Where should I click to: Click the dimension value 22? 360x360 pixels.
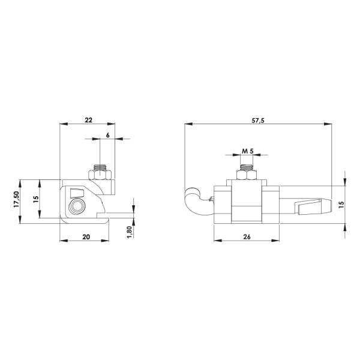[x=89, y=120]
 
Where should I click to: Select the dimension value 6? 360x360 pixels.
[x=107, y=135]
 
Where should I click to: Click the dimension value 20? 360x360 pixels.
[x=86, y=237]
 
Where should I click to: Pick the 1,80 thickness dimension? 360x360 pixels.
[x=129, y=231]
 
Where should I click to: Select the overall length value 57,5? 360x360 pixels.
[x=258, y=120]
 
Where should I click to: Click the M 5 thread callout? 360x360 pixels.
[x=248, y=151]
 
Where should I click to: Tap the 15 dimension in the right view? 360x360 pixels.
[x=341, y=203]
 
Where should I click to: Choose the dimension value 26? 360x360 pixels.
[x=247, y=237]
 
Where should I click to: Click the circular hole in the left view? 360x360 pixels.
[x=77, y=207]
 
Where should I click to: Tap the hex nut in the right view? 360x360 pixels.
[x=247, y=175]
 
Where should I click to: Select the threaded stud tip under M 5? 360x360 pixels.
[x=247, y=166]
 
